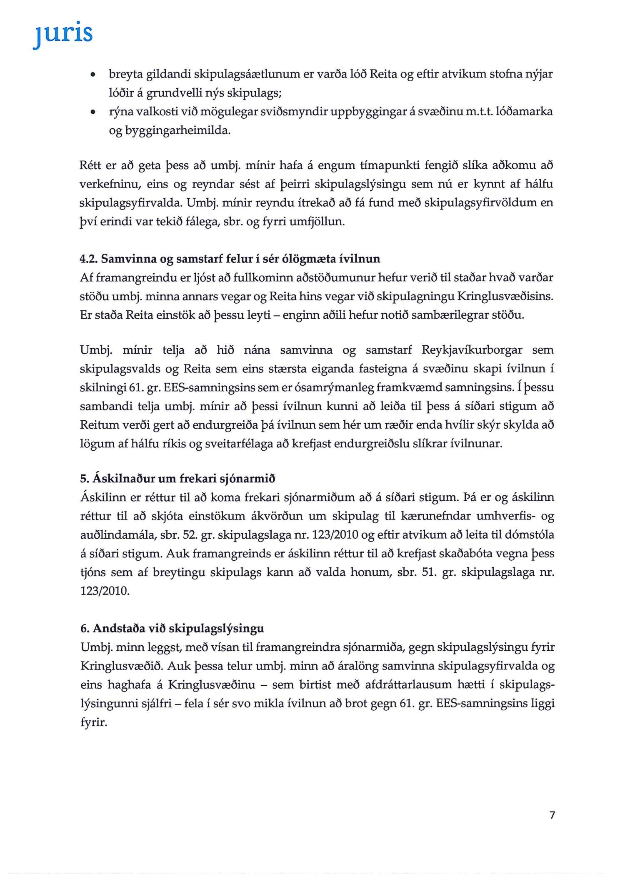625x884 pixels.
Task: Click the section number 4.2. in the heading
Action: (x=88, y=259)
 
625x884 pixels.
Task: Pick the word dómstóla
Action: (x=529, y=535)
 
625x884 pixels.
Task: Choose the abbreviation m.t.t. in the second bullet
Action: (x=480, y=112)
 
